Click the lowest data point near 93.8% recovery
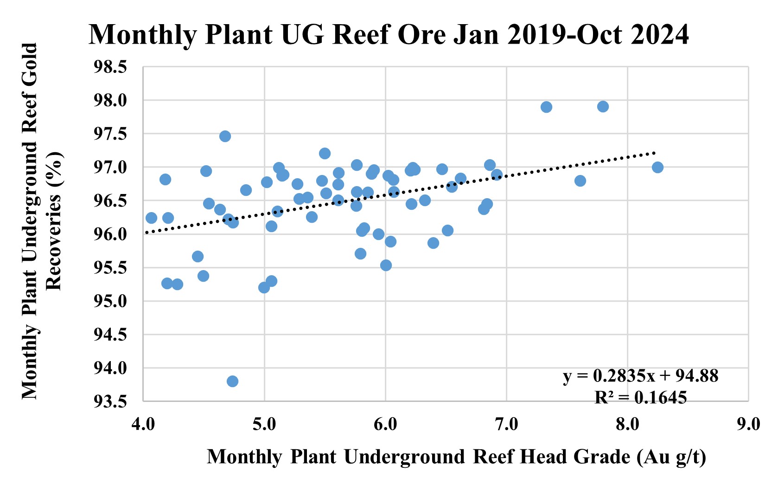click(x=232, y=381)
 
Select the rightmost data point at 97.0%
click(x=657, y=167)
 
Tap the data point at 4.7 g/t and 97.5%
click(x=225, y=136)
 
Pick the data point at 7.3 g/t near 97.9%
click(x=546, y=107)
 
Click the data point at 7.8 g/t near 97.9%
click(x=603, y=107)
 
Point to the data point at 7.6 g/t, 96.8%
click(x=580, y=181)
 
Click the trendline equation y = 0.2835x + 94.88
click(x=640, y=376)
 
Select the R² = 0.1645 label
click(x=640, y=397)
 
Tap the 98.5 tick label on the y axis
click(x=110, y=67)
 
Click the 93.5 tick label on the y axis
click(x=110, y=401)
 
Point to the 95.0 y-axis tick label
click(x=110, y=301)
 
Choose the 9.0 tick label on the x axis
click(x=748, y=424)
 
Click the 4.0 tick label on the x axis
click(x=143, y=424)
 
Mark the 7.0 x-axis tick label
click(x=506, y=424)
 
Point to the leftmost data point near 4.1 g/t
click(x=151, y=218)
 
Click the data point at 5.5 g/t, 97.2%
click(x=325, y=153)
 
